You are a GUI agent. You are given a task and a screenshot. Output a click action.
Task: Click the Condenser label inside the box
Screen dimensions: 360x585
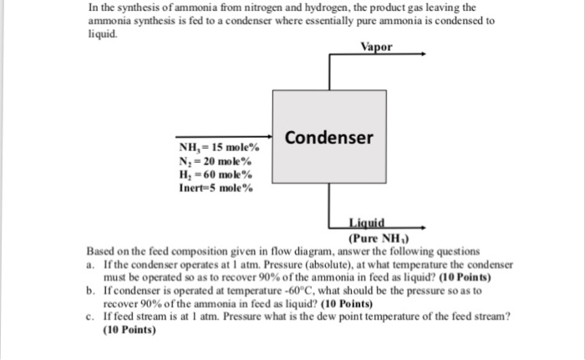pyautogui.click(x=329, y=137)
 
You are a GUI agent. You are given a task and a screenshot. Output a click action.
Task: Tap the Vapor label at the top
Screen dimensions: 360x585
pyautogui.click(x=377, y=48)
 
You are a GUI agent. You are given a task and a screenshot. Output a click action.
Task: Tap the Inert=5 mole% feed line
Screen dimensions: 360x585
pyautogui.click(x=216, y=188)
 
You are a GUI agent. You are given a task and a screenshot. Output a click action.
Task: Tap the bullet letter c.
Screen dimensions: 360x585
pyautogui.click(x=91, y=317)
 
